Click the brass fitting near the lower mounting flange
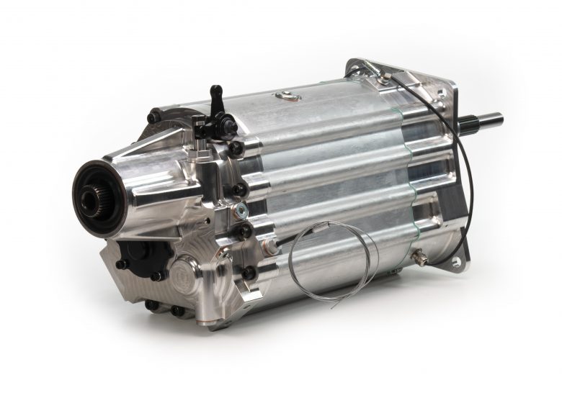419,255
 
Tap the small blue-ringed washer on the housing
243,209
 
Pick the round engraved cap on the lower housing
193,276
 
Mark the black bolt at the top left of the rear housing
153,116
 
